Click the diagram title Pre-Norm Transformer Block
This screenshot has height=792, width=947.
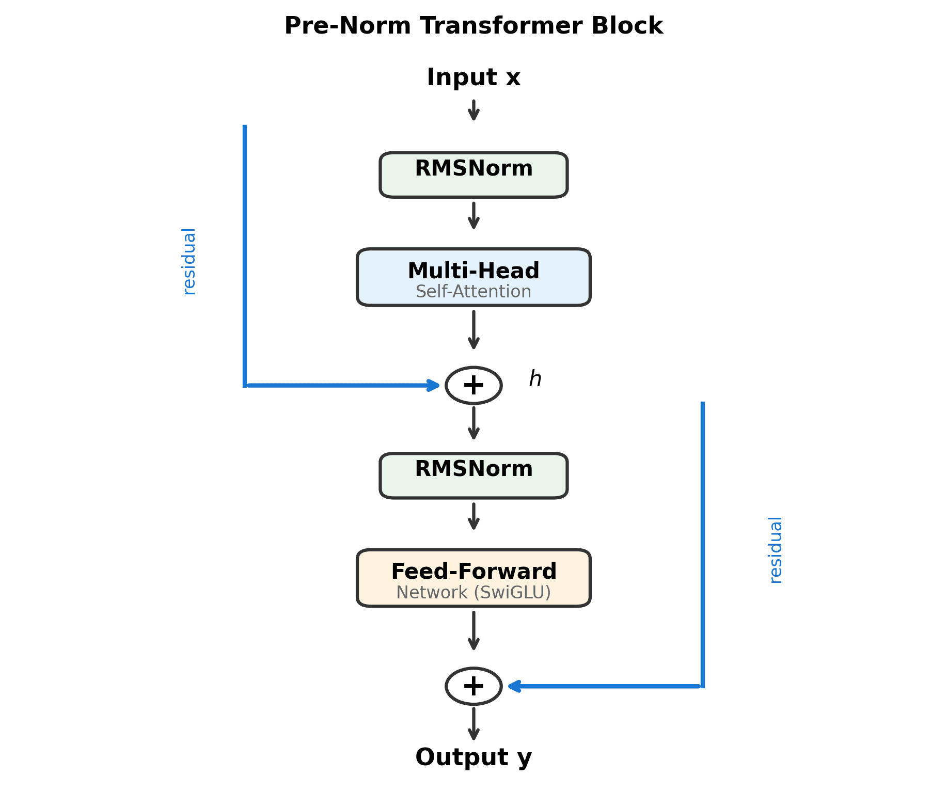pos(473,26)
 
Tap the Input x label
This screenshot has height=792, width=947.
pos(473,77)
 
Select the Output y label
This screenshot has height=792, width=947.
pos(473,757)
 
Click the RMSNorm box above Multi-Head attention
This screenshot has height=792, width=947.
pos(473,175)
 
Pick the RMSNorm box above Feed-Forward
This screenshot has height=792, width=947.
pos(473,476)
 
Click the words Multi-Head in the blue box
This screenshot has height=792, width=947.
pos(473,271)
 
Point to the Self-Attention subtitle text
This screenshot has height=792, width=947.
pos(473,292)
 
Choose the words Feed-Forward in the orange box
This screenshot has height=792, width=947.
pos(473,572)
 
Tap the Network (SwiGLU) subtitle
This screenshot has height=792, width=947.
pos(473,593)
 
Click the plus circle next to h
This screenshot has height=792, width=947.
pos(473,385)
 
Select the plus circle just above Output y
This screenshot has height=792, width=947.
pos(473,686)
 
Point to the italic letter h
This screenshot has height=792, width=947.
pos(535,379)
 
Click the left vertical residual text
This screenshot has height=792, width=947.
pos(189,261)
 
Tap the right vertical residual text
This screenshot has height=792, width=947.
pos(775,550)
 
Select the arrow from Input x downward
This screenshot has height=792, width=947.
pos(473,110)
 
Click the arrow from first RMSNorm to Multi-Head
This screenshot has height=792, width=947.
pos(473,215)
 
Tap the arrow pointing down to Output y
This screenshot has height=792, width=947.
pos(473,724)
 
